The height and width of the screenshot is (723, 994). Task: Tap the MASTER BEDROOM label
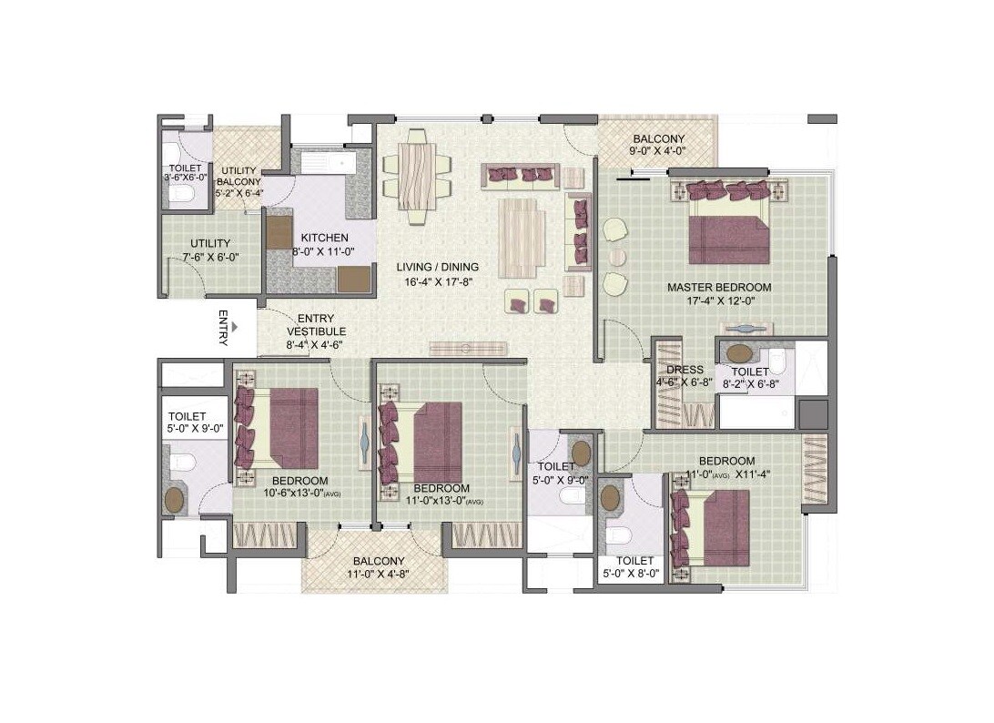(718, 287)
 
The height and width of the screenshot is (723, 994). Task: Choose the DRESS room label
(685, 371)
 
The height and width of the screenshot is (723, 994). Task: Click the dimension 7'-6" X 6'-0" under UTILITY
(210, 258)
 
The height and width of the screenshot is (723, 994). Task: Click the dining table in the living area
(417, 176)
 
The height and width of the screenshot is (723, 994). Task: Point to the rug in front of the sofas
(522, 238)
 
